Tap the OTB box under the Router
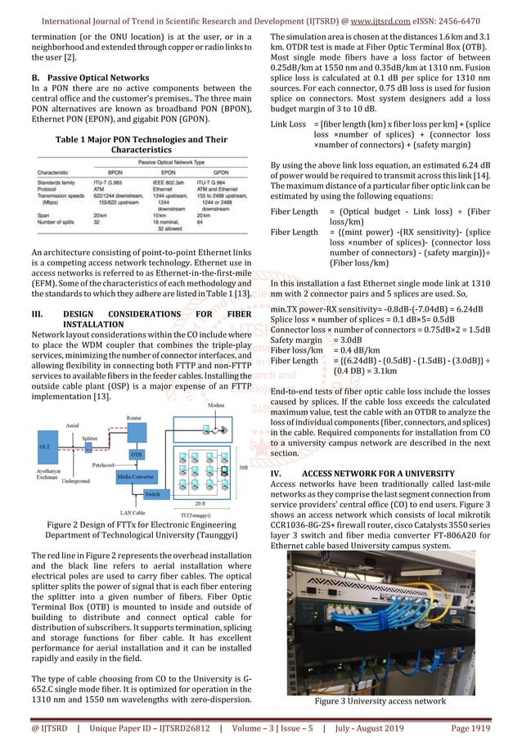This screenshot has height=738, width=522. click(137, 452)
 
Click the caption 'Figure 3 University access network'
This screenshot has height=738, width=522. click(389, 700)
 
